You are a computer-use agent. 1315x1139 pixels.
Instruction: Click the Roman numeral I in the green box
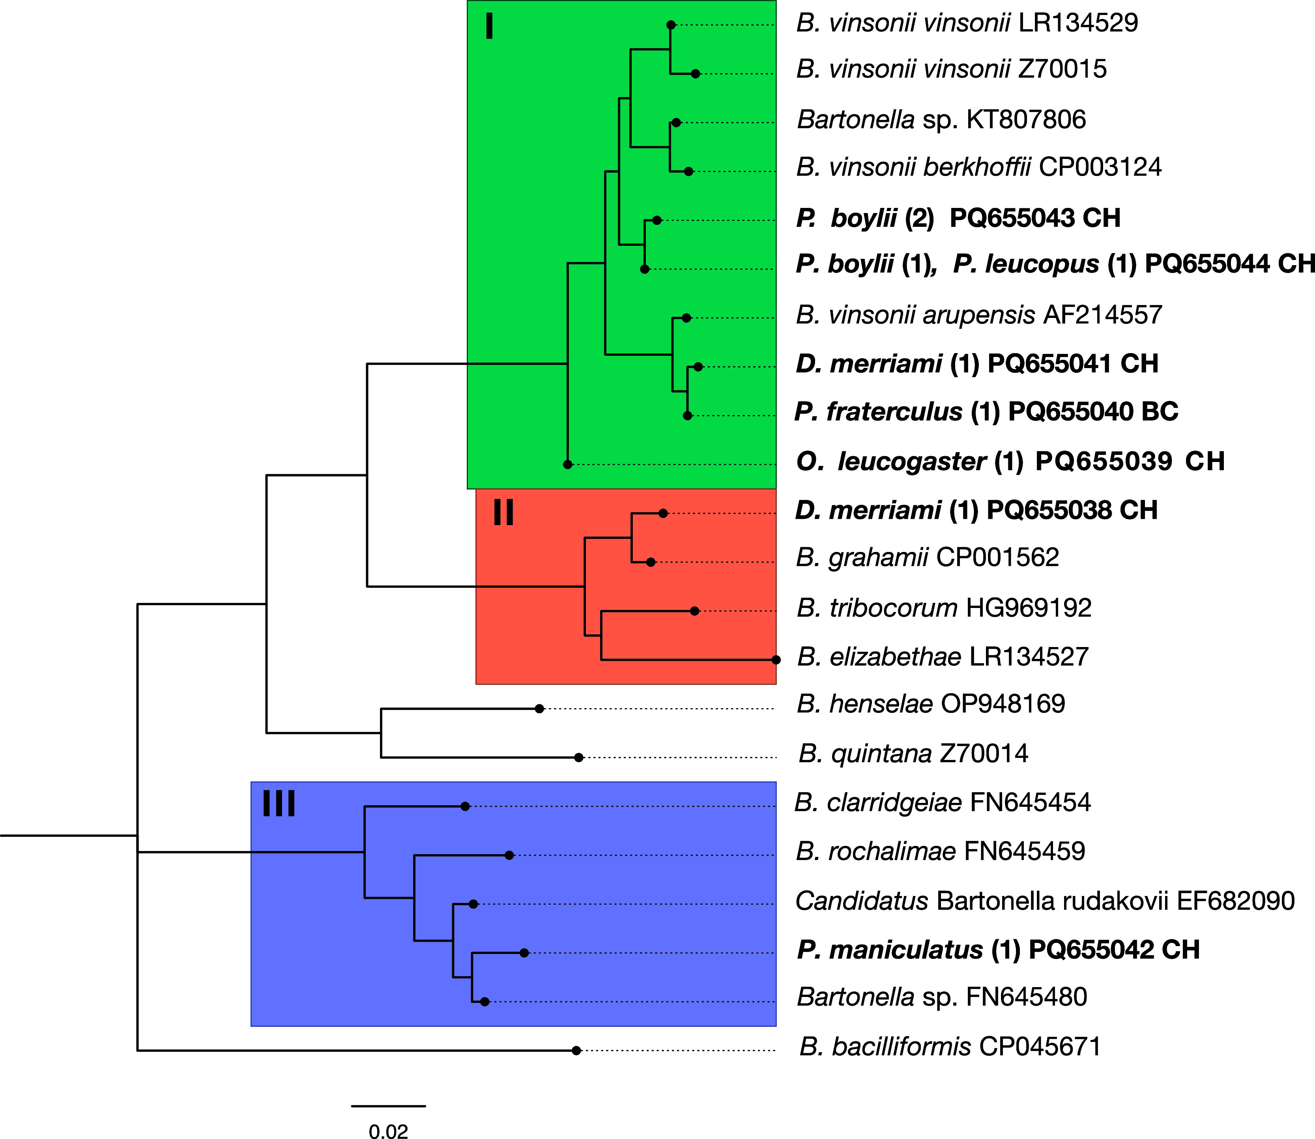pyautogui.click(x=489, y=27)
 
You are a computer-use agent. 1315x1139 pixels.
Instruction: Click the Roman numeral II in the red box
pyautogui.click(x=503, y=512)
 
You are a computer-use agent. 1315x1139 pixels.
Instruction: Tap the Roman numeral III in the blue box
pyautogui.click(x=279, y=804)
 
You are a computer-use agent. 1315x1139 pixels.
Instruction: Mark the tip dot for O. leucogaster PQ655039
pyautogui.click(x=568, y=465)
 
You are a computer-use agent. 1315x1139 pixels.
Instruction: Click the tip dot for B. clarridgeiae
pyautogui.click(x=465, y=806)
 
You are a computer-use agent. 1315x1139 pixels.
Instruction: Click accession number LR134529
pyautogui.click(x=1078, y=23)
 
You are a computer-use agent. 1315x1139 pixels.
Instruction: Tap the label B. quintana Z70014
pyautogui.click(x=913, y=754)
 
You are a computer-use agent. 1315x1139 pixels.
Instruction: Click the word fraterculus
pyautogui.click(x=894, y=412)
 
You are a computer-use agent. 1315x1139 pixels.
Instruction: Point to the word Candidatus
pyautogui.click(x=862, y=901)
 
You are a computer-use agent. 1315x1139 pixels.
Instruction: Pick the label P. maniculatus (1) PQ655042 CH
pyautogui.click(x=998, y=950)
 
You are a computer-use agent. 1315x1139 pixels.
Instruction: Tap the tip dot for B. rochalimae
pyautogui.click(x=509, y=855)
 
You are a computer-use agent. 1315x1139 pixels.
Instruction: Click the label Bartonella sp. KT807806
pyautogui.click(x=941, y=120)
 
